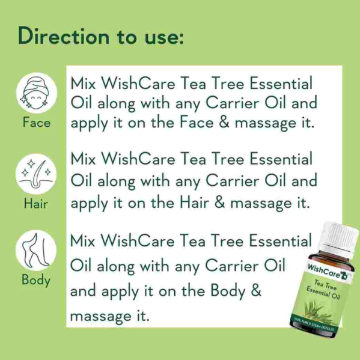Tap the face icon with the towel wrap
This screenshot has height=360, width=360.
click(37, 93)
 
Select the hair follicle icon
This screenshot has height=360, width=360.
click(36, 174)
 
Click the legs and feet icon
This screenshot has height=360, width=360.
click(36, 250)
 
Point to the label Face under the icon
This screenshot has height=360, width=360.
click(37, 123)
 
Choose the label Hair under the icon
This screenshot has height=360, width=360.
click(36, 204)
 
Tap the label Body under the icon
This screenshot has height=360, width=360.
click(36, 280)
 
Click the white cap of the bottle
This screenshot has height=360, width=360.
click(340, 239)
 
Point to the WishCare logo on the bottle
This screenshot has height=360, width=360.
click(328, 272)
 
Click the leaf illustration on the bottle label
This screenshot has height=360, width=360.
click(319, 311)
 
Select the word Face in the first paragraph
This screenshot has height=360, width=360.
click(197, 123)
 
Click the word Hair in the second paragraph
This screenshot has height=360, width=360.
click(195, 203)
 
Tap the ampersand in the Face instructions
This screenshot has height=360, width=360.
click(224, 123)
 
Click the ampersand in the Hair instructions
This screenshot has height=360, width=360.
click(220, 203)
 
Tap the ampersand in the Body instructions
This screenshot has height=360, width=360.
click(256, 290)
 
